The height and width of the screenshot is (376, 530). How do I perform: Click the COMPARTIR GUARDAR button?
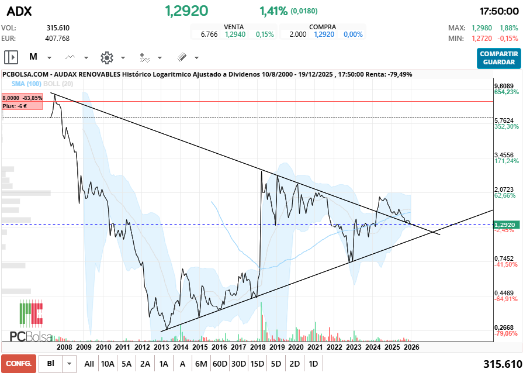pos(498,58)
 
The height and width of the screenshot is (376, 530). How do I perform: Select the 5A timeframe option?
pos(127,364)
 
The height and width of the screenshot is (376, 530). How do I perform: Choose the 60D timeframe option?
pos(220,364)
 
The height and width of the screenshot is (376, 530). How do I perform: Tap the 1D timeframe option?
pos(313,364)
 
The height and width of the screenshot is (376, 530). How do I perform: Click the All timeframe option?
pos(89,364)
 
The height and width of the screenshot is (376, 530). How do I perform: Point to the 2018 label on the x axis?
pos(257,347)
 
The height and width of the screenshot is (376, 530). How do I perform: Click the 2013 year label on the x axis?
pos(161,347)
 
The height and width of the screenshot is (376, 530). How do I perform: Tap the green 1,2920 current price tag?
pos(504,225)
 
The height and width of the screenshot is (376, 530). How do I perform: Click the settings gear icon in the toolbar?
pos(106,57)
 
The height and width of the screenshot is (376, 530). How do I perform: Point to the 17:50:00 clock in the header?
pos(499,11)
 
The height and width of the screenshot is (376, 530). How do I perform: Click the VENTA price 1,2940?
pos(235,35)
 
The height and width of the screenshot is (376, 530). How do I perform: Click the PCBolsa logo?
pos(31,320)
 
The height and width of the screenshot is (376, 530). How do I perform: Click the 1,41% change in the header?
pos(273,11)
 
